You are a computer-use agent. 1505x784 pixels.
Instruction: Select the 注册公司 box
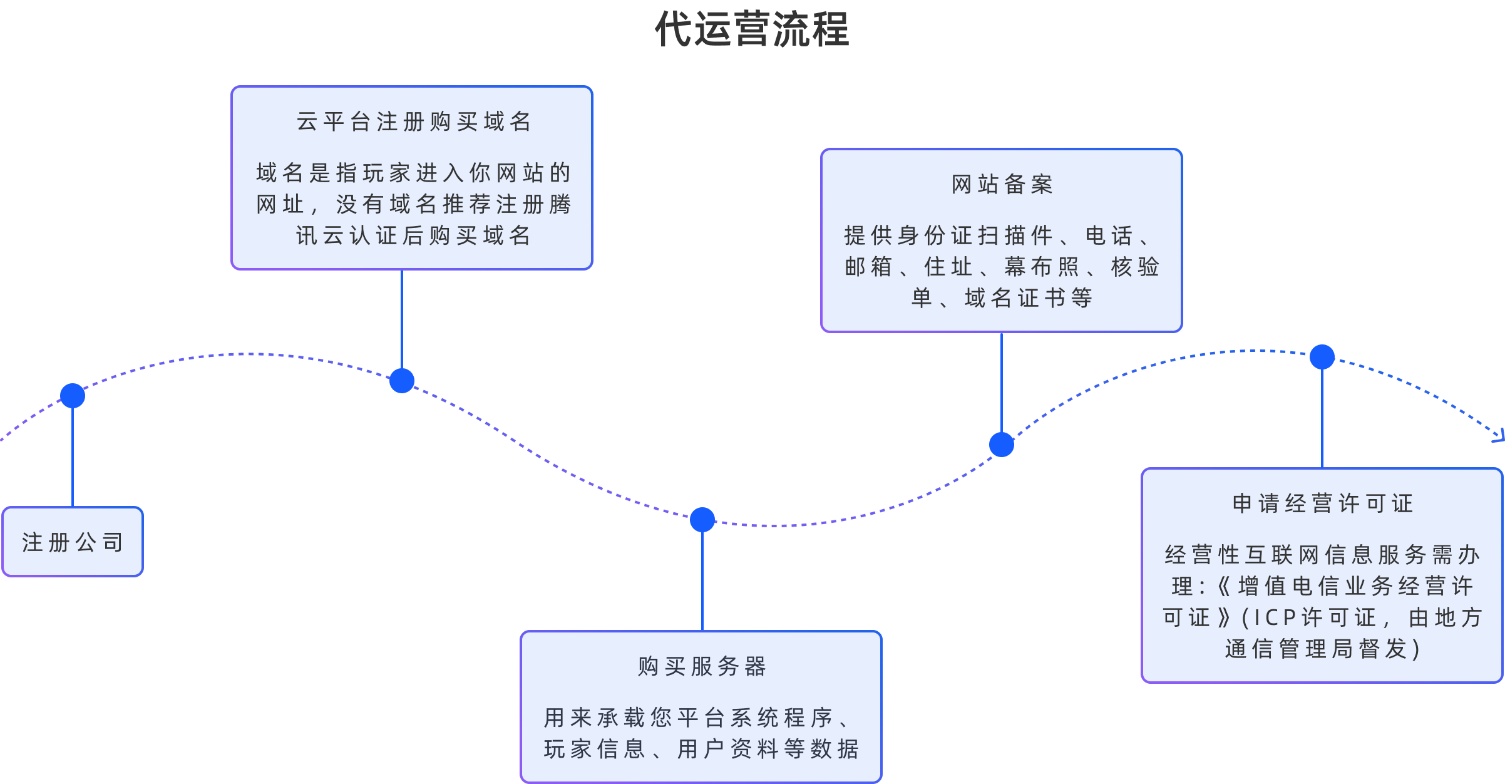point(73,542)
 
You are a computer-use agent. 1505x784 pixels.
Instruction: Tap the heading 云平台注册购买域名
point(413,121)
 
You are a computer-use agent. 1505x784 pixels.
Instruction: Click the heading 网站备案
point(1002,185)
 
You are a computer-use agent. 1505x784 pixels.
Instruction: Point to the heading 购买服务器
point(702,666)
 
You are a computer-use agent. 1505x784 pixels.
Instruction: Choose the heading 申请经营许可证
point(1322,503)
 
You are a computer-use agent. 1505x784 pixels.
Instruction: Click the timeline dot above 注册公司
point(73,396)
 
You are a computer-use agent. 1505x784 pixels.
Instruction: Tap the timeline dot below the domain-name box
point(402,381)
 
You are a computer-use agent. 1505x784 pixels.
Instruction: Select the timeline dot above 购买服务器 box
point(702,520)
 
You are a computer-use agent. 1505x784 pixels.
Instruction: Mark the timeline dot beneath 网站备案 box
point(1002,445)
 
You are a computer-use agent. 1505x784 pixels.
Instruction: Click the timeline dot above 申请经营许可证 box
point(1322,357)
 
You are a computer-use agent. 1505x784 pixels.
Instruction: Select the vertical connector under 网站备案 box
point(1002,382)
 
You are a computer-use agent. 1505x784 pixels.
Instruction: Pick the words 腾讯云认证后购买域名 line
point(413,236)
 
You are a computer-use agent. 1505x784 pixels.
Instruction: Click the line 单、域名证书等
point(1002,298)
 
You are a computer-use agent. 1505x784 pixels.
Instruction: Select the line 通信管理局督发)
point(1322,649)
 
